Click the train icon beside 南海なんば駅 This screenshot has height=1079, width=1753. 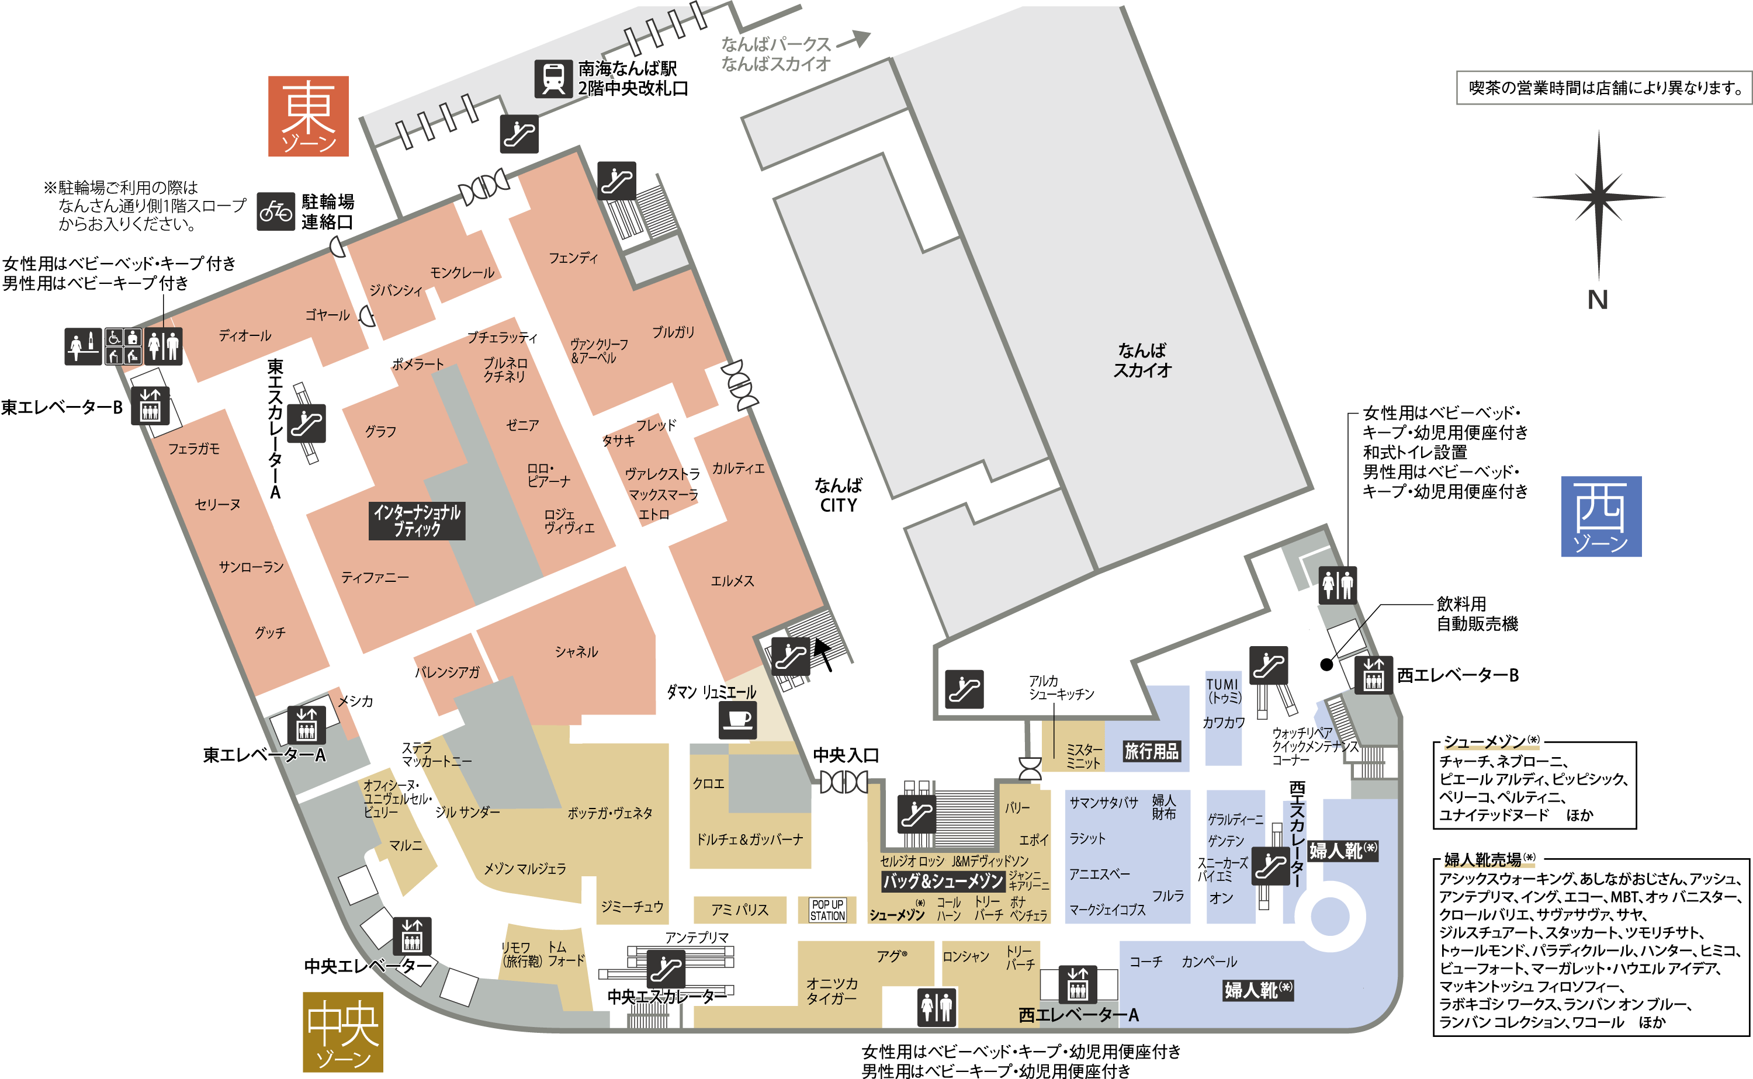[553, 78]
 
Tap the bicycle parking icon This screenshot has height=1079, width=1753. [275, 211]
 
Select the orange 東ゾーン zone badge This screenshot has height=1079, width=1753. [309, 116]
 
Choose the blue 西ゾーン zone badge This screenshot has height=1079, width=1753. [1601, 516]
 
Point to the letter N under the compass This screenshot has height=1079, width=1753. [1598, 300]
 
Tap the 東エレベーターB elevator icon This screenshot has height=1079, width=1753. [150, 406]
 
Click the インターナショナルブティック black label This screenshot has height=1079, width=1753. [417, 521]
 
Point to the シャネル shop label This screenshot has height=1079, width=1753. [576, 651]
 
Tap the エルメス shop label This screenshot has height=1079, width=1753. [732, 581]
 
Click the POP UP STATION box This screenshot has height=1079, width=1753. [827, 910]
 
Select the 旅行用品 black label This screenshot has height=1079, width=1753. [1151, 751]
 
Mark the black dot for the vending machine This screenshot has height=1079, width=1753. [1326, 664]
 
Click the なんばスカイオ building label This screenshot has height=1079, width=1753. [1142, 360]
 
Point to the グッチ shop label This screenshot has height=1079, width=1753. [270, 632]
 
